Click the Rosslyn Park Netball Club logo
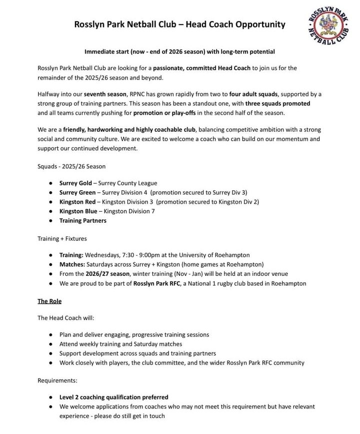328,29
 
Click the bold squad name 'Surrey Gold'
75,183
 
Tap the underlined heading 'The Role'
49,301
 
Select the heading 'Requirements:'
57,380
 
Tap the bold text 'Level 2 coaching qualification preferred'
113,397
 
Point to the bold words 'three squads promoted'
277,104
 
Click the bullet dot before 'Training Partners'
51,221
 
